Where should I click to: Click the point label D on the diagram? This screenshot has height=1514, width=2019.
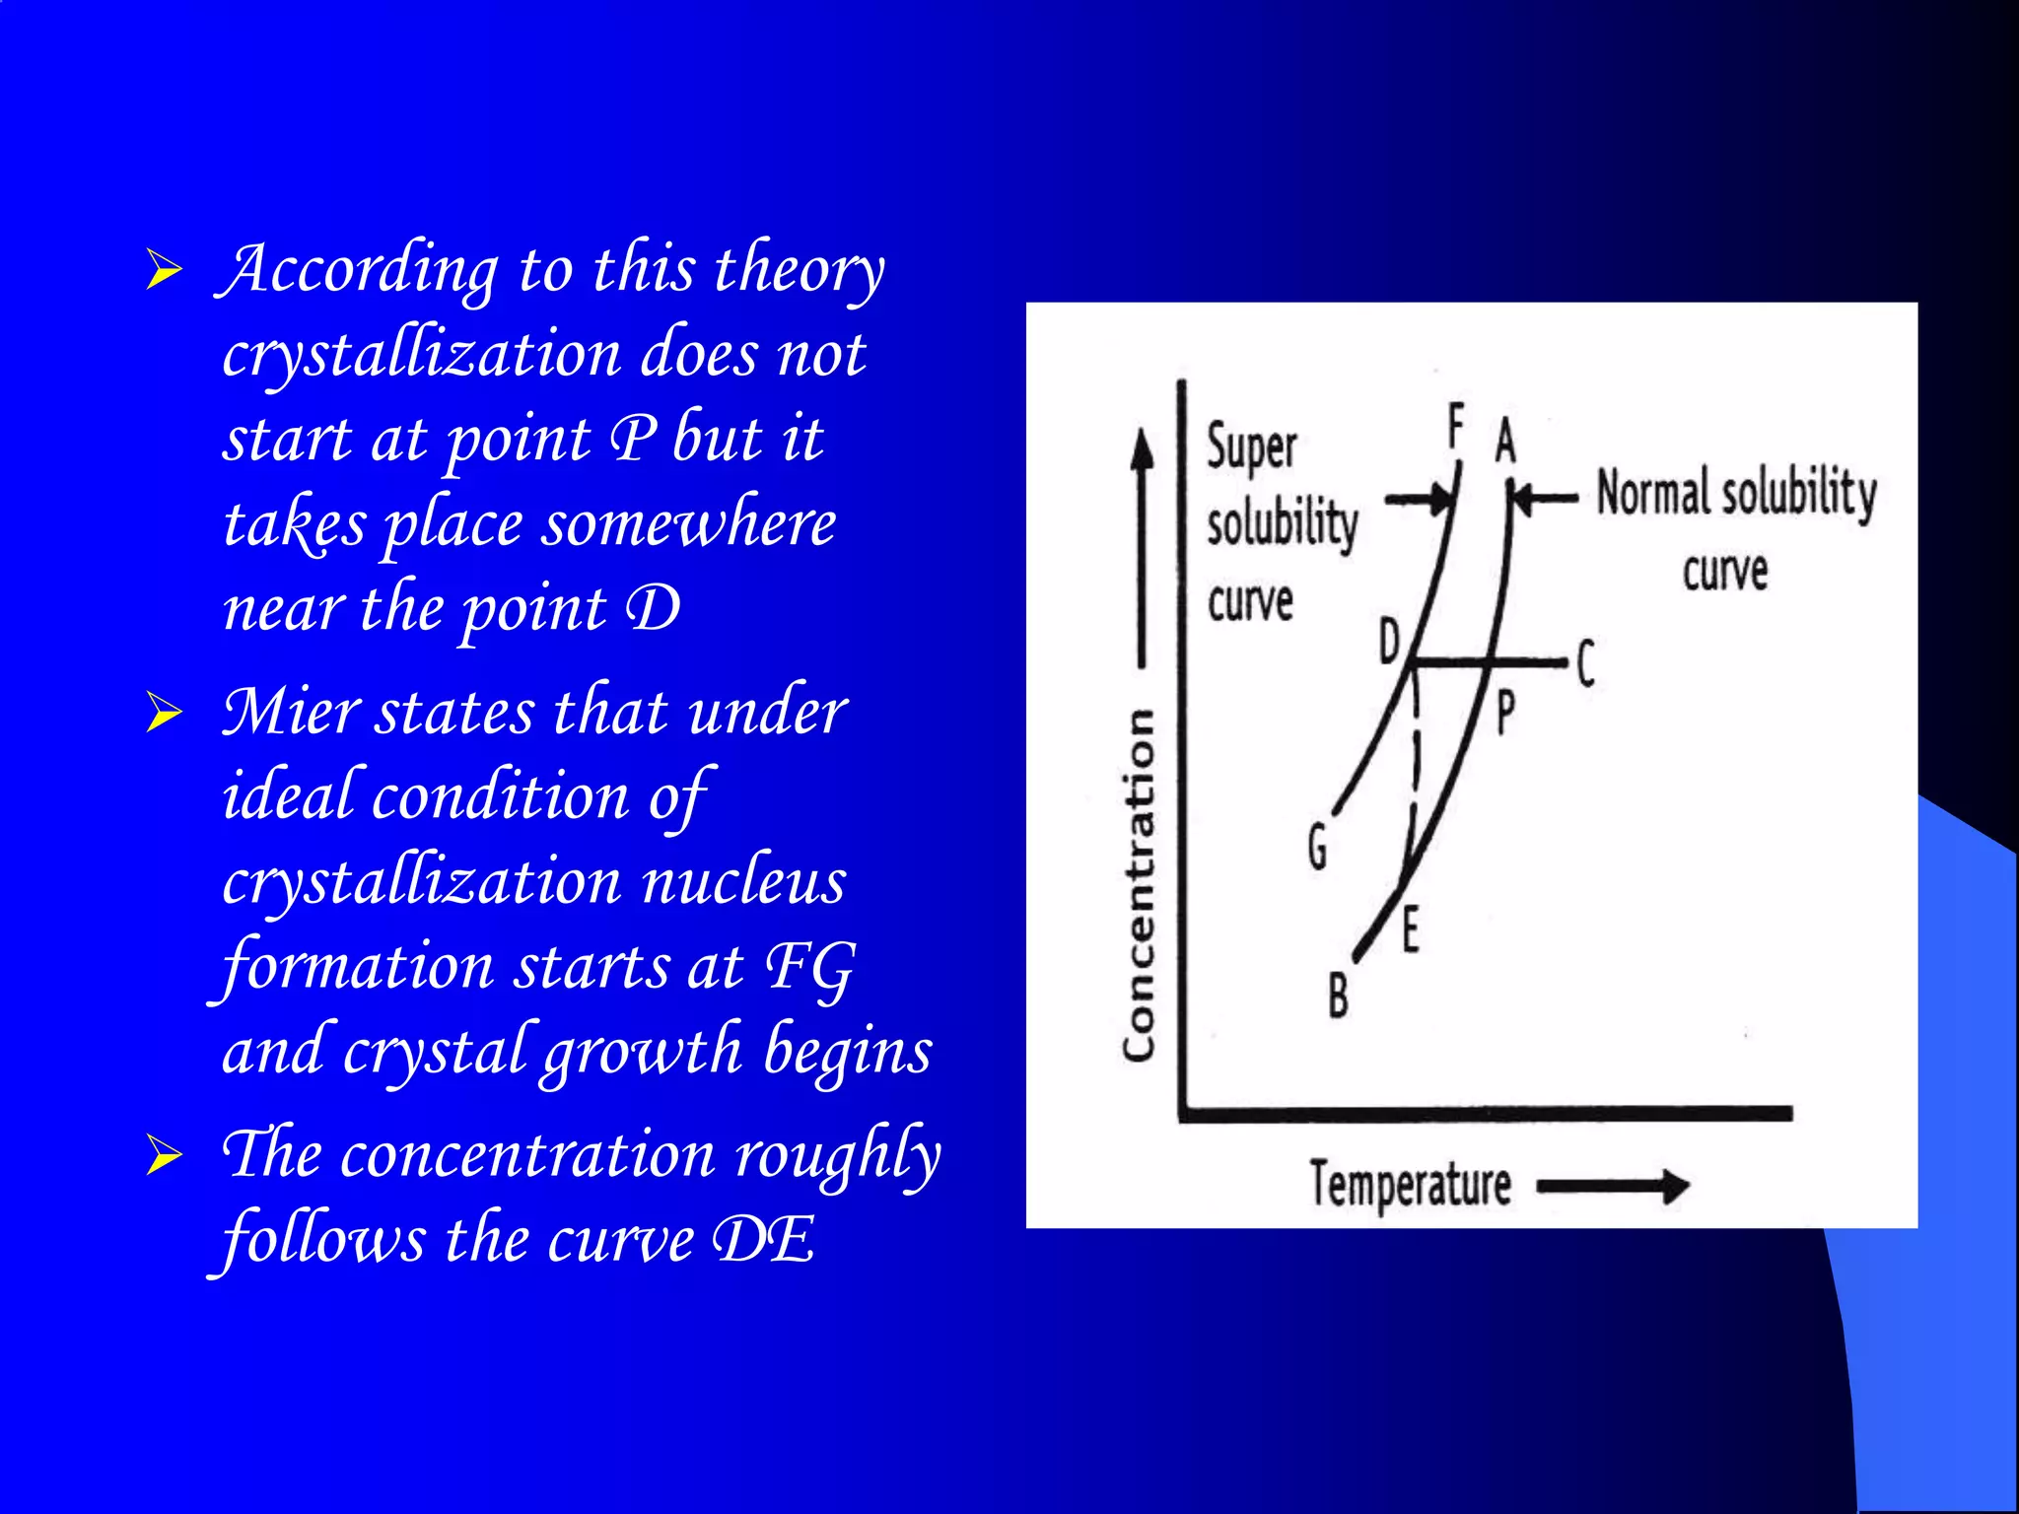coord(1389,642)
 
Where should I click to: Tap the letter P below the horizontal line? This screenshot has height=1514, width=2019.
coord(1505,713)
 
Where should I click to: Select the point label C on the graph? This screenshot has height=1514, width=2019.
coord(1585,663)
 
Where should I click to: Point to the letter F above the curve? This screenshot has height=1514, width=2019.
coord(1455,427)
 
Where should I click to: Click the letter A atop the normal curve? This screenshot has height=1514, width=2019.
coord(1504,441)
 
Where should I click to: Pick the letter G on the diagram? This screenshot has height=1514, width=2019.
coord(1318,847)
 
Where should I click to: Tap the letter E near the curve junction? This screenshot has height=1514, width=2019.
coord(1411,930)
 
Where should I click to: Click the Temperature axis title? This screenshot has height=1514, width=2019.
coord(1410,1184)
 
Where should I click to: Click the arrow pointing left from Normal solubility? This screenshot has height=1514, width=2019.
coord(1546,499)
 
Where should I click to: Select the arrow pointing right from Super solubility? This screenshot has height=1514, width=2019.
coord(1420,499)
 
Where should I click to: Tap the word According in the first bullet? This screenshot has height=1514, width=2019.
coord(361,270)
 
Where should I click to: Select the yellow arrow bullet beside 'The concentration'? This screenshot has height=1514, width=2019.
coord(164,1155)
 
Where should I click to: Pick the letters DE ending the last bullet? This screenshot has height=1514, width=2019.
coord(764,1240)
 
